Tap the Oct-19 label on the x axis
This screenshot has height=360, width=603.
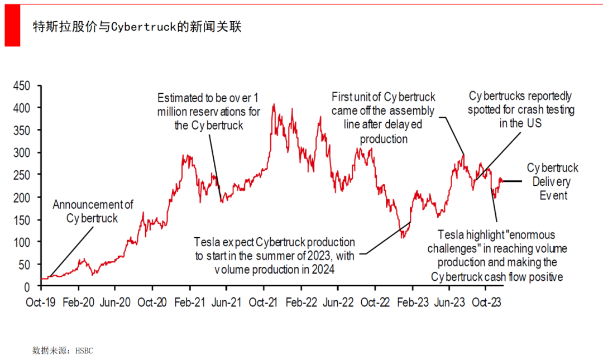coord(41,302)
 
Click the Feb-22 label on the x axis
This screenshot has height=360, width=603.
coord(301,302)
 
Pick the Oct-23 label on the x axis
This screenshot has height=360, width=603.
coord(485,302)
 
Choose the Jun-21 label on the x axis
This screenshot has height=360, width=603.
coord(227,302)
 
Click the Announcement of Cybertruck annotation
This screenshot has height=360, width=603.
coord(93,212)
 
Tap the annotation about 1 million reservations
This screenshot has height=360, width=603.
coord(209,111)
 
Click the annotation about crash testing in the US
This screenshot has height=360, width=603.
coord(520,109)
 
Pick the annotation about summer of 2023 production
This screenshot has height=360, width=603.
coord(274,256)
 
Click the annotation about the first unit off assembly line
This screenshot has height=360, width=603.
coord(383,118)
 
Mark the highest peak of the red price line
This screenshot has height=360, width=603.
coord(274,104)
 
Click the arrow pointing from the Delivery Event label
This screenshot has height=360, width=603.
coord(511,181)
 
